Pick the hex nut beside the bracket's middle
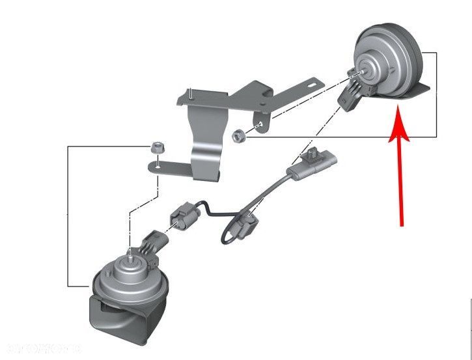(238, 135)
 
